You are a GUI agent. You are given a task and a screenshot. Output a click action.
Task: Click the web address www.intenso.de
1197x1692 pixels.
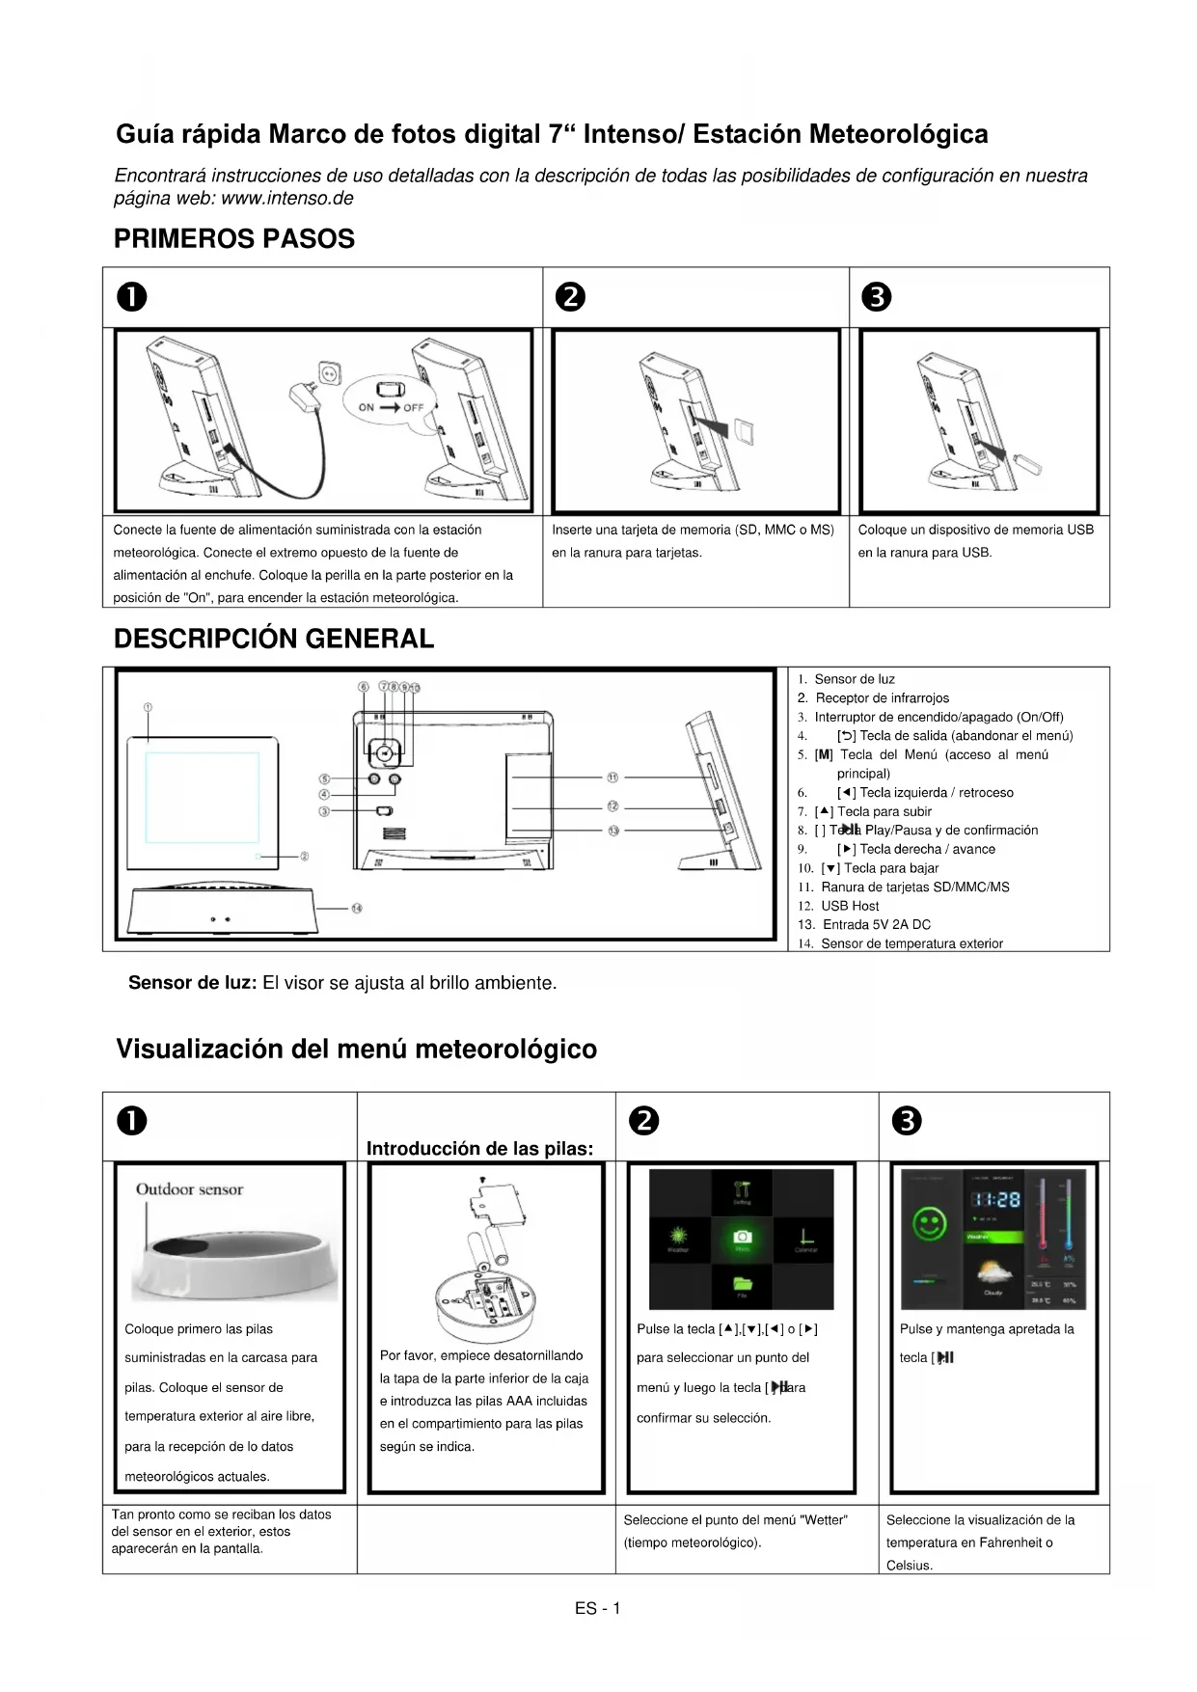pos(286,199)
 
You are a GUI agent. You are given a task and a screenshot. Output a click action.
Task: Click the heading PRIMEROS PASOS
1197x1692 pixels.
pos(234,239)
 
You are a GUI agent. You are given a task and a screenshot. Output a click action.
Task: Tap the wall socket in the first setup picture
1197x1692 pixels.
pos(330,371)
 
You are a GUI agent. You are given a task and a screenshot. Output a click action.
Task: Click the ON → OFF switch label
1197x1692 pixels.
pos(391,407)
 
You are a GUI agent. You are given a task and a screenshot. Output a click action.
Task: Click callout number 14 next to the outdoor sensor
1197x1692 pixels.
pos(356,908)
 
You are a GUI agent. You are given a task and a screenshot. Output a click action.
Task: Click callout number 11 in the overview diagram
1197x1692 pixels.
pos(612,777)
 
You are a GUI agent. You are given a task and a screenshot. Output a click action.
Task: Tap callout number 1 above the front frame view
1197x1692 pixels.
pos(148,707)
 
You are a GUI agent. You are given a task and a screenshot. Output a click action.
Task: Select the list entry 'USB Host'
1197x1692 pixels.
pos(850,906)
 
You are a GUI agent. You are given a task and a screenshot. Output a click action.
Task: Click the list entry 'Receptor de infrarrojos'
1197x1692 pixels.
pos(882,698)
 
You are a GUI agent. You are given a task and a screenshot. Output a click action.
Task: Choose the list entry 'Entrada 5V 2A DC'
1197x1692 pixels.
pos(876,925)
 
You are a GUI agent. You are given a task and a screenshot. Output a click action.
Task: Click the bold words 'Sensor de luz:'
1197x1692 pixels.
pos(192,984)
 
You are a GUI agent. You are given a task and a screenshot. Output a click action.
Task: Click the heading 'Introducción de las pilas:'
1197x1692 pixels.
pos(479,1149)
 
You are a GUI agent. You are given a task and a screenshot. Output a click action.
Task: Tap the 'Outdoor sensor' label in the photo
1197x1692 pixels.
pos(189,1189)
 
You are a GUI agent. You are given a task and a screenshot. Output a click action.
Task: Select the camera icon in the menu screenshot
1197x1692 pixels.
pos(742,1237)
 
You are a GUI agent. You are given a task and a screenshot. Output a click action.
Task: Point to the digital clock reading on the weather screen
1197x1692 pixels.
pos(994,1199)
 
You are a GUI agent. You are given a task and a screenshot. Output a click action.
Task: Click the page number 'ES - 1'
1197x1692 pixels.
pos(598,1608)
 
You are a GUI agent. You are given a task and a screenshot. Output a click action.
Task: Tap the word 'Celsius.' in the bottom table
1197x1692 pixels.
pos(910,1566)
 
